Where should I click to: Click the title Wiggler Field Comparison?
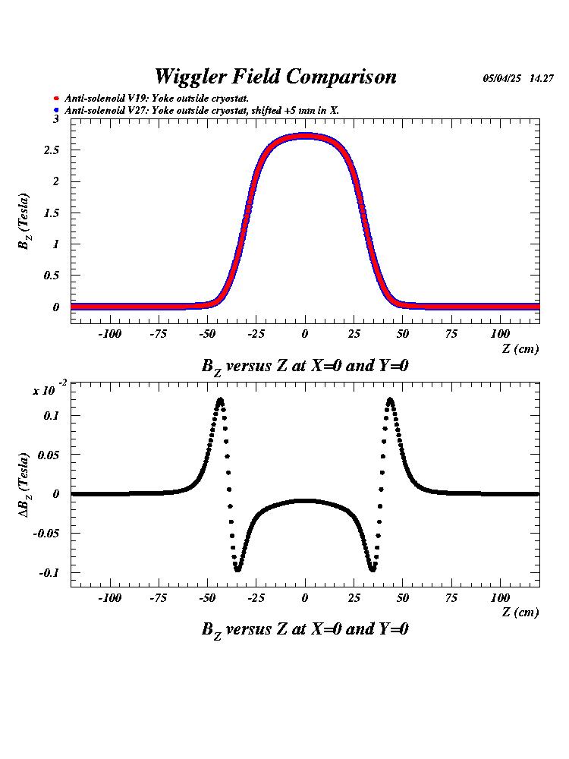click(x=275, y=77)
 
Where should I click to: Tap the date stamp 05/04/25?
click(x=503, y=78)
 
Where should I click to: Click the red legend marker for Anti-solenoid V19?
click(x=56, y=99)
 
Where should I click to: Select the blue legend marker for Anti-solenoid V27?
click(x=56, y=111)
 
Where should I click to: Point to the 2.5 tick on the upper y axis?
click(x=52, y=150)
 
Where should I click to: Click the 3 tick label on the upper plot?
click(x=55, y=119)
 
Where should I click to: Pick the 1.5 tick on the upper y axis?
click(x=52, y=213)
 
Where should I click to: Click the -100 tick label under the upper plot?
click(x=110, y=334)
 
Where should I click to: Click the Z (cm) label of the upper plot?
click(x=520, y=348)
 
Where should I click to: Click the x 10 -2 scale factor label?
click(x=46, y=389)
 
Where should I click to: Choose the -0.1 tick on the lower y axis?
click(x=49, y=572)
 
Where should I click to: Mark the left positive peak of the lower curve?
click(x=220, y=399)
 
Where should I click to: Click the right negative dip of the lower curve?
click(x=373, y=568)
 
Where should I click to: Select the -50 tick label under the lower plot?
click(x=207, y=598)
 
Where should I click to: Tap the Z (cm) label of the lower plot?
click(x=520, y=613)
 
